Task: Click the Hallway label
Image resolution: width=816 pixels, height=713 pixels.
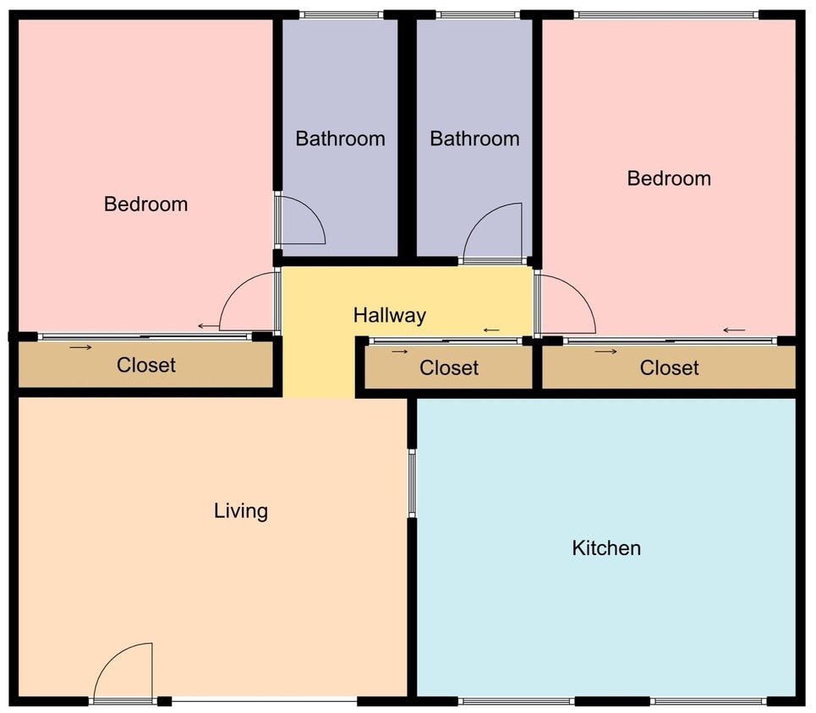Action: pyautogui.click(x=389, y=315)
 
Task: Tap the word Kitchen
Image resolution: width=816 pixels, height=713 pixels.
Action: pyautogui.click(x=606, y=548)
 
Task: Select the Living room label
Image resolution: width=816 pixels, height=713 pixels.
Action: pyautogui.click(x=241, y=510)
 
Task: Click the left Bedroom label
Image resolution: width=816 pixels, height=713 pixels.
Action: pyautogui.click(x=145, y=204)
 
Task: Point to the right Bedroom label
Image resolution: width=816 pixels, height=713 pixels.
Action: pyautogui.click(x=669, y=178)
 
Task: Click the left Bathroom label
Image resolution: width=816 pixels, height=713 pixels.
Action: pyautogui.click(x=340, y=139)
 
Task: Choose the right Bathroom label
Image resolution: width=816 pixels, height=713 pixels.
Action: pyautogui.click(x=474, y=139)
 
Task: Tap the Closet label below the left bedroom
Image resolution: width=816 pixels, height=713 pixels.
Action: pyautogui.click(x=146, y=365)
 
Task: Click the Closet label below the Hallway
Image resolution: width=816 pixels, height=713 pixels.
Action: pyautogui.click(x=449, y=367)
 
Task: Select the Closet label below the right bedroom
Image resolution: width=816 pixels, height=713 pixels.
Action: pyautogui.click(x=669, y=367)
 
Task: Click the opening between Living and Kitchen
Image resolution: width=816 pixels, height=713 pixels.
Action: pyautogui.click(x=412, y=482)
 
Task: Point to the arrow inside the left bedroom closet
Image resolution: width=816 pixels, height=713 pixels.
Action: pyautogui.click(x=80, y=347)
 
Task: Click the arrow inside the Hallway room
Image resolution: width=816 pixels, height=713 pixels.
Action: pyautogui.click(x=490, y=330)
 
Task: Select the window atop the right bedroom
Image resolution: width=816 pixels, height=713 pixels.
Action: pyautogui.click(x=665, y=14)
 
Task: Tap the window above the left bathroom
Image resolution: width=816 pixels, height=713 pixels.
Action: pyautogui.click(x=342, y=14)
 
